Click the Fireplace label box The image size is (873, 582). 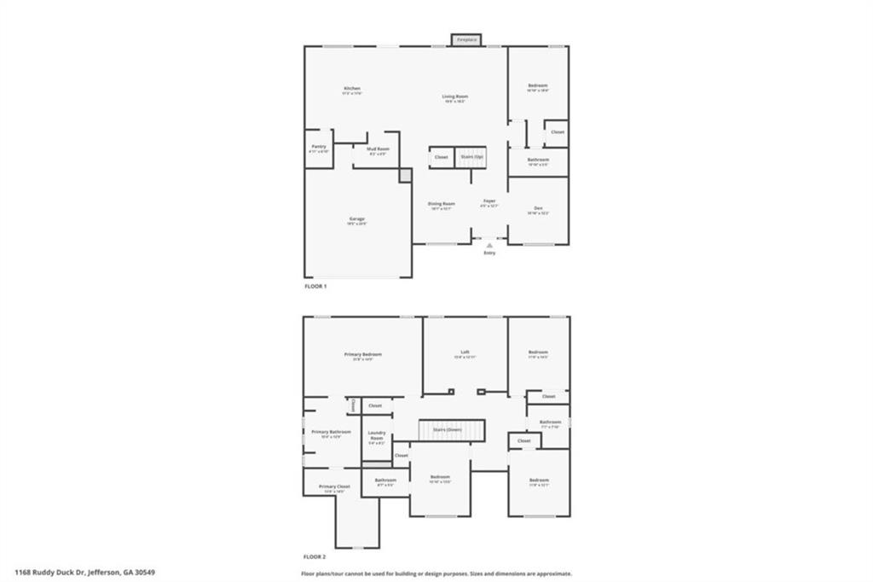click(466, 40)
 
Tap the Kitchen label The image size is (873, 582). click(352, 90)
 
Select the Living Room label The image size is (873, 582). click(454, 97)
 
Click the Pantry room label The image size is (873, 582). click(319, 148)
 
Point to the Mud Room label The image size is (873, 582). click(378, 150)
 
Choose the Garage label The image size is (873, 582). click(357, 221)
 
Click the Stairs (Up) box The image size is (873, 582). click(471, 157)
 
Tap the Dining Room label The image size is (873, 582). click(441, 205)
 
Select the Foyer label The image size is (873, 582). click(489, 202)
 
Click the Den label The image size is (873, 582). click(538, 210)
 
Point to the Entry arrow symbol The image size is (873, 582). click(489, 245)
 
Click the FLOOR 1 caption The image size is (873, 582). click(315, 287)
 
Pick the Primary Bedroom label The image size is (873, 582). click(363, 356)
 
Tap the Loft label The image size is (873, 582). click(465, 353)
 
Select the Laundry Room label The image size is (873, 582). click(377, 437)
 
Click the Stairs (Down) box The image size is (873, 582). click(451, 430)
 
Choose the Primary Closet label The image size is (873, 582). click(334, 488)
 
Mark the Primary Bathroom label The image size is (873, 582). click(331, 434)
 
